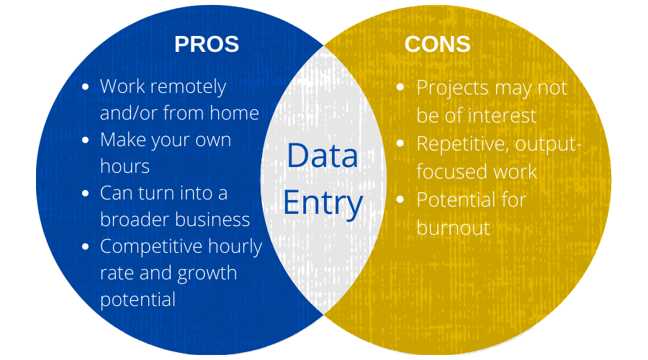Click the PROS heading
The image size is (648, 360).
(x=207, y=44)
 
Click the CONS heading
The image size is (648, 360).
(x=437, y=44)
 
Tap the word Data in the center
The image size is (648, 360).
(x=323, y=156)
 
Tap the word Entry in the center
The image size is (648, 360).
(x=323, y=203)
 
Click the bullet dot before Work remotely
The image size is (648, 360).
(x=86, y=87)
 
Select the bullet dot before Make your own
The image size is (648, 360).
(x=86, y=140)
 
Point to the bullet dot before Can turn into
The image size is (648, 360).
(x=86, y=194)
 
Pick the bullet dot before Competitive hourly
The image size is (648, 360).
(x=86, y=247)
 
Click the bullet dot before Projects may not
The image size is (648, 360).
(x=400, y=87)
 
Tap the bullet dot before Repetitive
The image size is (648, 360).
(x=400, y=143)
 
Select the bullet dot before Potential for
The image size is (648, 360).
(x=400, y=199)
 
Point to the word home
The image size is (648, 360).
(x=234, y=113)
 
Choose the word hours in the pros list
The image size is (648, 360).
(x=125, y=166)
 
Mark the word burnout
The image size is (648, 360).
(x=454, y=228)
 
